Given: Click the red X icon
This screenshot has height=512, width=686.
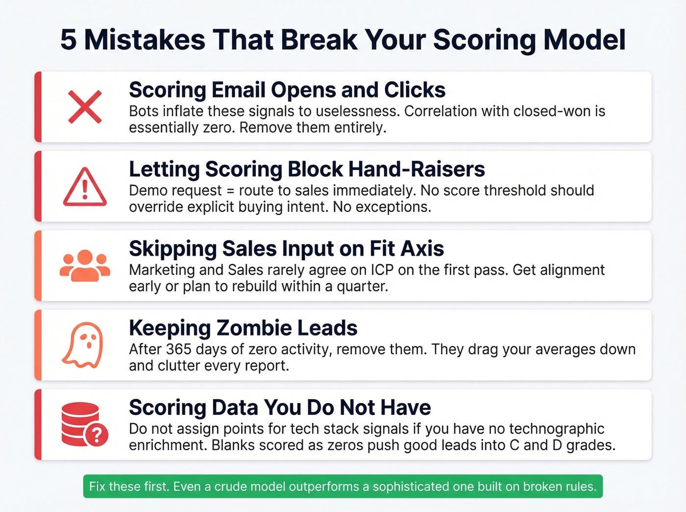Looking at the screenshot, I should point(85,107).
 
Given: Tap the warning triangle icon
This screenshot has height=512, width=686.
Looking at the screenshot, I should point(85,187).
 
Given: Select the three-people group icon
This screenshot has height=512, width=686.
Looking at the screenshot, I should point(85,266).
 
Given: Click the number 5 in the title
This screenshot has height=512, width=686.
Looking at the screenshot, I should point(69,40).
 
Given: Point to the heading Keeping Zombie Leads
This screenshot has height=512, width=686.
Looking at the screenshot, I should point(243,328).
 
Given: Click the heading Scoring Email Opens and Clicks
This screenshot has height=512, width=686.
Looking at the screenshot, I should point(287,90).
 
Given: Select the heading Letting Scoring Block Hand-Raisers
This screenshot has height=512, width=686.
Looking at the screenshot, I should point(307,170).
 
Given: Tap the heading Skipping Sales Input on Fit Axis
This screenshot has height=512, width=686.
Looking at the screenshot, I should point(286,249).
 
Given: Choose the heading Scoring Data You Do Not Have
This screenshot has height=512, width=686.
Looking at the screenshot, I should point(280,408).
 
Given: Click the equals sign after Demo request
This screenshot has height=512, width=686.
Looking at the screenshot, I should point(230,191).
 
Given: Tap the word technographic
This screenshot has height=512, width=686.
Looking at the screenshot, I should point(557,429).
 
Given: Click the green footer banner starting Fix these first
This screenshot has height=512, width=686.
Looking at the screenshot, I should point(343,487).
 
